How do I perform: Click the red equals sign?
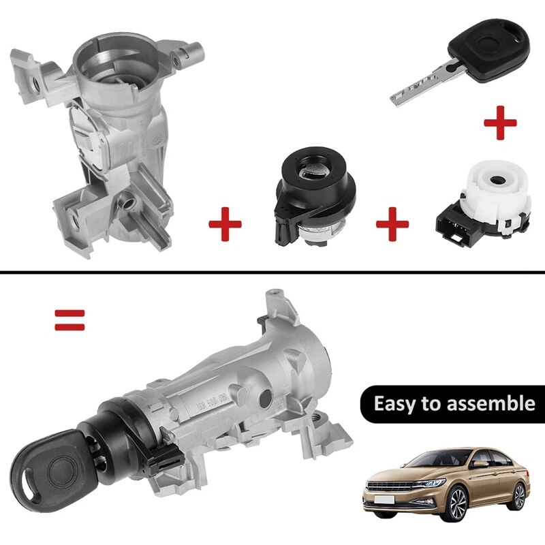click(x=70, y=320)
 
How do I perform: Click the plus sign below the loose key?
click(x=499, y=123)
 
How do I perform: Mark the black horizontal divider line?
click(x=272, y=274)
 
